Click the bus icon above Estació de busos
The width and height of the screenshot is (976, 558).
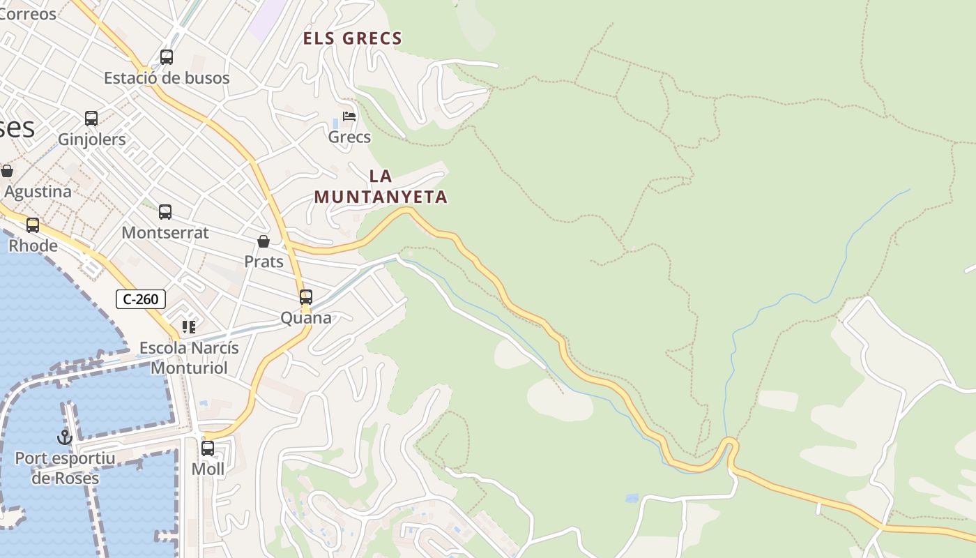click(x=167, y=57)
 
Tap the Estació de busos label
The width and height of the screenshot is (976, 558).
click(x=167, y=78)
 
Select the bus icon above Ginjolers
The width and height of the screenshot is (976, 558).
click(x=91, y=119)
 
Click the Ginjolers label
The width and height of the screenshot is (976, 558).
click(x=92, y=139)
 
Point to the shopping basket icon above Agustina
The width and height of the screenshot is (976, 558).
click(x=7, y=171)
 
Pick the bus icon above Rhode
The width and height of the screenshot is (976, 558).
click(x=33, y=225)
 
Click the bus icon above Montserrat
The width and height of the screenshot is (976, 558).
click(x=165, y=212)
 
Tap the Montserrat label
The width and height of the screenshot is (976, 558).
click(x=165, y=233)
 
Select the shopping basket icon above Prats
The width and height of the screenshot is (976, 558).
click(x=264, y=242)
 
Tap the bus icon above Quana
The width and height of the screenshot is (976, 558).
click(x=306, y=297)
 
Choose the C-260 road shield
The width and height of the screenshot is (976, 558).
click(x=141, y=299)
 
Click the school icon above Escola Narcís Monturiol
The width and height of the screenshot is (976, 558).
click(x=189, y=326)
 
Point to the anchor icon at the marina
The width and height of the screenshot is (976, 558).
click(x=65, y=437)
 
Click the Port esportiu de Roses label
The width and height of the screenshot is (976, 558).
click(x=65, y=468)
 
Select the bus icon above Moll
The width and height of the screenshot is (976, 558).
click(x=208, y=448)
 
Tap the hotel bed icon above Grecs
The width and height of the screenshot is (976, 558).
click(x=349, y=116)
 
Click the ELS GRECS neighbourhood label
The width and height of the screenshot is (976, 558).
click(x=353, y=38)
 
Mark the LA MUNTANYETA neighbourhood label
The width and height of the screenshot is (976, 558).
click(x=381, y=187)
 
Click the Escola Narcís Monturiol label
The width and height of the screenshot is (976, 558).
click(x=189, y=358)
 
